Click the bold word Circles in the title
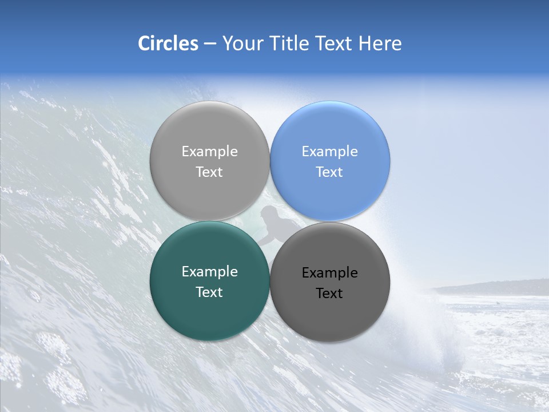coord(168,43)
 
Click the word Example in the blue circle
coord(329,152)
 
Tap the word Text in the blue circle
coord(329,172)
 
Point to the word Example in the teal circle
coord(209,272)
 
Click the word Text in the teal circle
coord(209,292)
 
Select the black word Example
coord(329,273)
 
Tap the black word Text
coord(329,294)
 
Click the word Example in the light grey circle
coord(209,152)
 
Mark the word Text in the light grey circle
coord(209,172)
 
